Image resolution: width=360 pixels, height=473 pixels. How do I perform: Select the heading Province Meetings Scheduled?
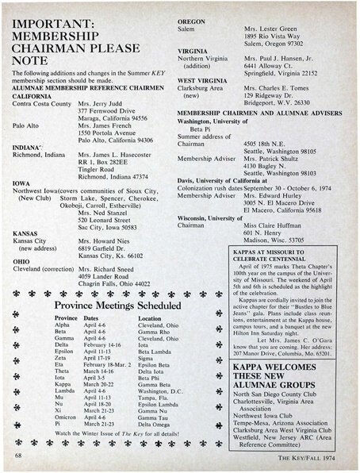tap(105, 305)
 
